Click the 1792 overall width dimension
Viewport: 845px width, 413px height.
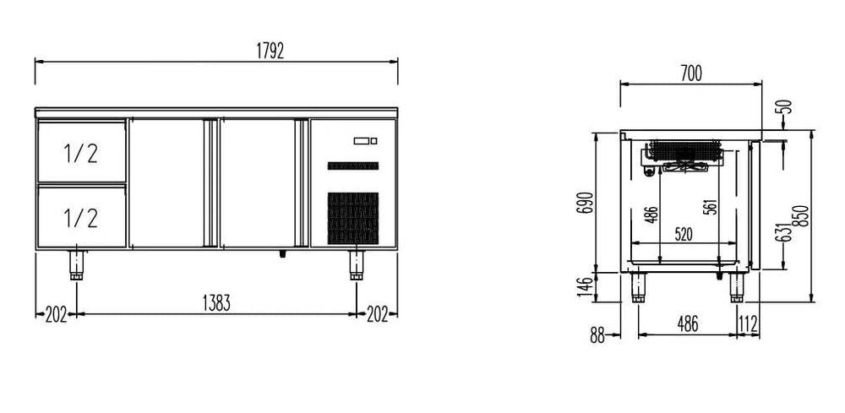pyautogui.click(x=270, y=52)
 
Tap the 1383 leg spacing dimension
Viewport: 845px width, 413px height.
pyautogui.click(x=216, y=304)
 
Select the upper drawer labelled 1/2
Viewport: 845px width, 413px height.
pyautogui.click(x=81, y=152)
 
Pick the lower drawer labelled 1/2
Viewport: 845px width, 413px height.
pyautogui.click(x=81, y=217)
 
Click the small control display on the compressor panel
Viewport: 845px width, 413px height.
pyautogui.click(x=365, y=141)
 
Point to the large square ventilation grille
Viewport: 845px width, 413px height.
pyautogui.click(x=353, y=218)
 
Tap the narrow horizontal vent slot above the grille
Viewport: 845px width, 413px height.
pyautogui.click(x=353, y=166)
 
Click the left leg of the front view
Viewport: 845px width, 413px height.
pyautogui.click(x=77, y=265)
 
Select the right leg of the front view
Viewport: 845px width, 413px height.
pyautogui.click(x=357, y=265)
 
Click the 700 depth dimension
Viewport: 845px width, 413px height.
pyautogui.click(x=691, y=73)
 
